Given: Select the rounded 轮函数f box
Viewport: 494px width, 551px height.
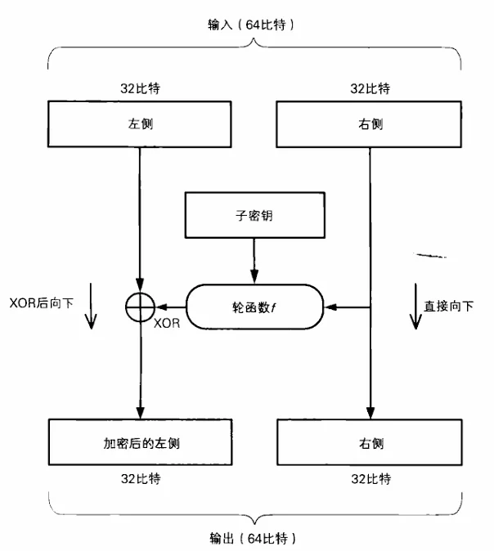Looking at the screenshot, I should [254, 307].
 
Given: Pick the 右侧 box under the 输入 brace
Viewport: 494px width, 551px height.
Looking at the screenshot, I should [370, 125].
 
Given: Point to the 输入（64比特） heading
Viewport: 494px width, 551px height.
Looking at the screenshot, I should [254, 26].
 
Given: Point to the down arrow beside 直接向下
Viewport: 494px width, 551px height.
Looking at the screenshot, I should [415, 307].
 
